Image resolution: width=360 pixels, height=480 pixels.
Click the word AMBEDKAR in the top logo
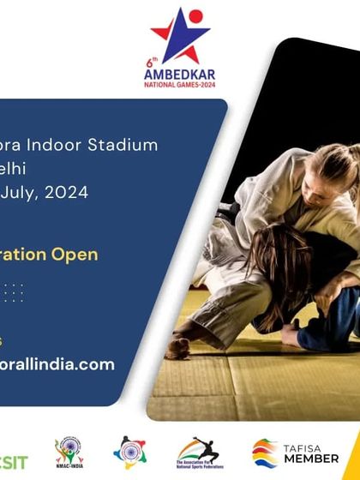coord(180,72)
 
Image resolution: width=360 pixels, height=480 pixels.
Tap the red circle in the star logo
coord(196,16)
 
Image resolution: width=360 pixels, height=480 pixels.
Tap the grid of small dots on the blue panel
coord(13,292)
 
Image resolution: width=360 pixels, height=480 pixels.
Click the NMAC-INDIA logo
coord(69,452)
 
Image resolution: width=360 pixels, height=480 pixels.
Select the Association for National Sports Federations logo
coord(198,452)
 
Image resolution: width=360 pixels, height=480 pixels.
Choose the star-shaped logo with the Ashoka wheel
coord(129,452)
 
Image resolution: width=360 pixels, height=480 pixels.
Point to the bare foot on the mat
coord(178,348)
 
